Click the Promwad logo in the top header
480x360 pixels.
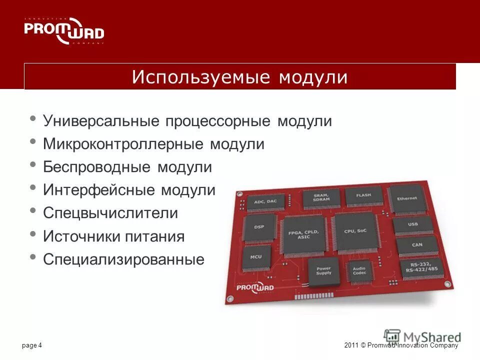[64, 31]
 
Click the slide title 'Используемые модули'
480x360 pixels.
[240, 77]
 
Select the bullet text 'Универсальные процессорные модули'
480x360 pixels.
[187, 121]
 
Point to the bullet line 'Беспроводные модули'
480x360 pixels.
[127, 167]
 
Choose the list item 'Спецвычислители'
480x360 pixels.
[110, 213]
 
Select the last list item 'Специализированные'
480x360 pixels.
[123, 259]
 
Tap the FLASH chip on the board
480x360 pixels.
[363, 195]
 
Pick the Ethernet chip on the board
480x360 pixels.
[406, 198]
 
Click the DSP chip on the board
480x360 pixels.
[259, 227]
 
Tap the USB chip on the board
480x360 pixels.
[412, 224]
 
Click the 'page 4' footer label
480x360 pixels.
[32, 345]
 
